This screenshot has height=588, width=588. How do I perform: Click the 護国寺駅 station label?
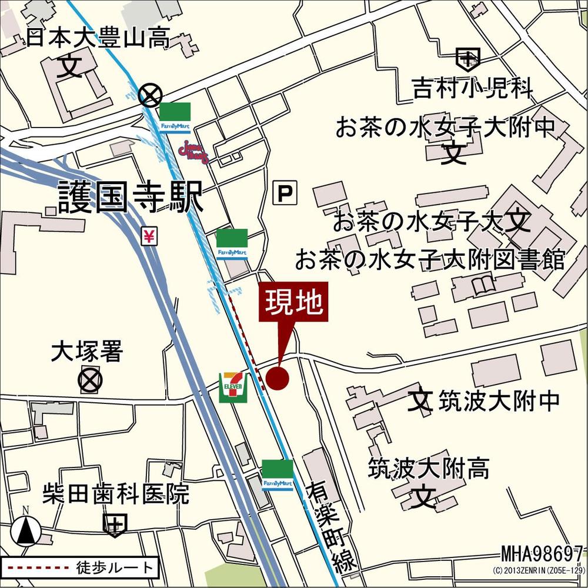click(x=131, y=196)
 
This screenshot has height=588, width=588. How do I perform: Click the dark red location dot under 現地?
click(x=278, y=378)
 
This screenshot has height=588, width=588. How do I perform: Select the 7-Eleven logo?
click(x=233, y=387)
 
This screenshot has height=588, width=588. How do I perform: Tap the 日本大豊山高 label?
click(x=98, y=39)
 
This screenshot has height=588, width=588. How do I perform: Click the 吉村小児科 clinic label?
click(x=473, y=89)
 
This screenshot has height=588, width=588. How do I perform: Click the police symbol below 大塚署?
click(x=90, y=380)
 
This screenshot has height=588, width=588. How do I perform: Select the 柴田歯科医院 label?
click(x=116, y=494)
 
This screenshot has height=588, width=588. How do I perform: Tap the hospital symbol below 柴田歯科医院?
click(x=115, y=523)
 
